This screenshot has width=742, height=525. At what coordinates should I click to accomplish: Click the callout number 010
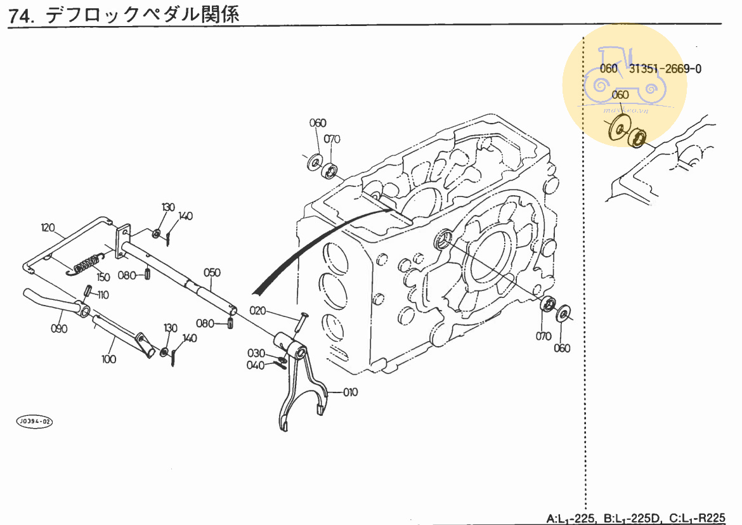point(350,392)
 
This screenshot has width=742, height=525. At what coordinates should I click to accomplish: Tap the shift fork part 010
point(303,387)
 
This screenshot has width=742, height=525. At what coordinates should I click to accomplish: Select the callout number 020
point(258,311)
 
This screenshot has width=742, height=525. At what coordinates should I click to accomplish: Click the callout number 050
point(212,273)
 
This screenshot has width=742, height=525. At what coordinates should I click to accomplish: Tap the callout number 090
point(58,328)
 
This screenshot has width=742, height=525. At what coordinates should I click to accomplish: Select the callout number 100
point(108,359)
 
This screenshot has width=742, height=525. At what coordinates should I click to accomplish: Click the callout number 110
point(102,295)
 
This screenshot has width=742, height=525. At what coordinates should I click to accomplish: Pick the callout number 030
point(256,353)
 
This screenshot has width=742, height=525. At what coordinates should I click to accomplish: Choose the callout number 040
point(256,365)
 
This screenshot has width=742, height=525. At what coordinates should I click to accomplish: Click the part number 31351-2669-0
point(665,69)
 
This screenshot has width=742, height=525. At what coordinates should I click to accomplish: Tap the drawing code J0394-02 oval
point(34,421)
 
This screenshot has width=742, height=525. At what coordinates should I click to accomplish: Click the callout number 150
point(103,277)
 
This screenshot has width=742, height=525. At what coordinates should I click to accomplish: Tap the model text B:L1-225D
point(632,518)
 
